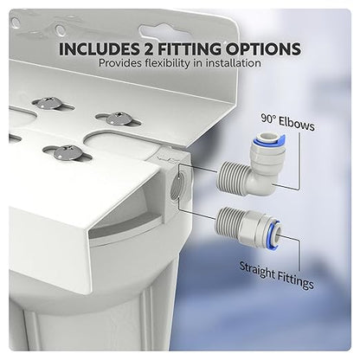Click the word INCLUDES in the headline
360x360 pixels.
pos(99,49)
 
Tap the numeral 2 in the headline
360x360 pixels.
pos(148,49)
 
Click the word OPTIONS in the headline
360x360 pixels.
pos(263,49)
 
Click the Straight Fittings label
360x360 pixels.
pos(276,275)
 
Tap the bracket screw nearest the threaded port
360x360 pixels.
pos(119,119)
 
